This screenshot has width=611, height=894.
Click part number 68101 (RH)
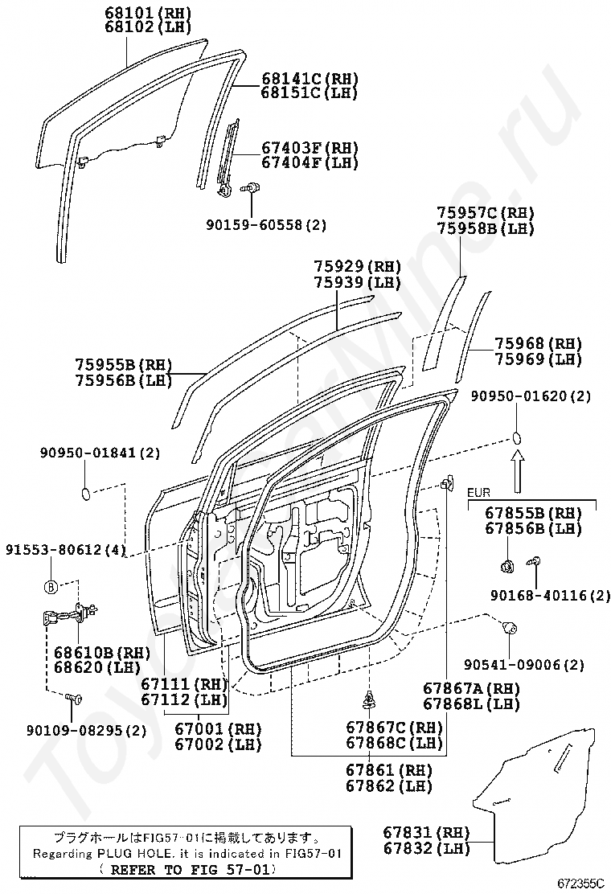click(146, 13)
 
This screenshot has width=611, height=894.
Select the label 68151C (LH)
click(309, 92)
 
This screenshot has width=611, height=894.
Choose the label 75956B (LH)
click(124, 380)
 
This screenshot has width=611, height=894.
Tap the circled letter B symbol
click(51, 587)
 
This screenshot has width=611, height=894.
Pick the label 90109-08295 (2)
click(86, 730)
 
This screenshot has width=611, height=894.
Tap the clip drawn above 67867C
click(371, 698)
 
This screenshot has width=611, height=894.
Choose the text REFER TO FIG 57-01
click(187, 869)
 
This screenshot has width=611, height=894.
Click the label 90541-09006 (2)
click(524, 665)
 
